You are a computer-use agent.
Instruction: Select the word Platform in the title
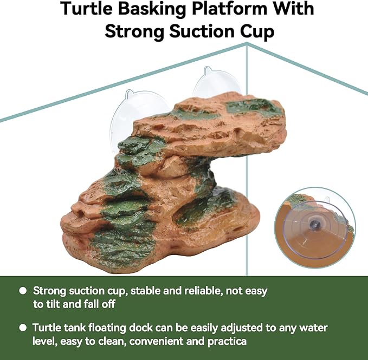(216, 9)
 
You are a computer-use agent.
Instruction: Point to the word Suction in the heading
(201, 31)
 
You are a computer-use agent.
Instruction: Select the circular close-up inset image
(314, 226)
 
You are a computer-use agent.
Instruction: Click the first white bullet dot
(23, 291)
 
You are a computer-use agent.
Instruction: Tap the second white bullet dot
(23, 328)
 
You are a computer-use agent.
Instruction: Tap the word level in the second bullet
(44, 342)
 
